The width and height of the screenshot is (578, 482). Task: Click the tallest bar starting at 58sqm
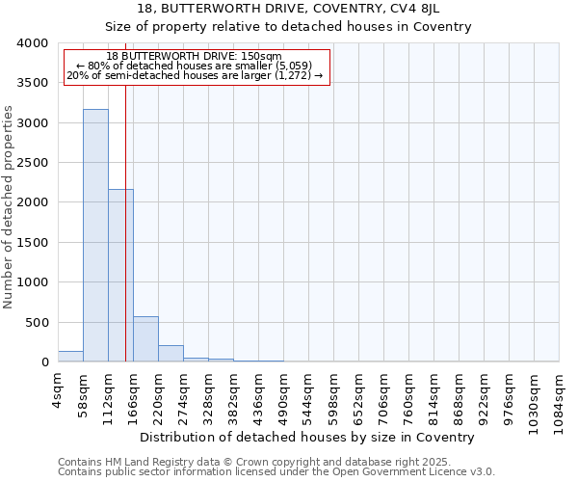coord(95,235)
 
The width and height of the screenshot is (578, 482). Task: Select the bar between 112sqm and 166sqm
coord(120,276)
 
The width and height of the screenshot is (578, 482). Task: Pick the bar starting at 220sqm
coord(171,354)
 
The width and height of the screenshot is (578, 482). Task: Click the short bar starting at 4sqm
coord(70,357)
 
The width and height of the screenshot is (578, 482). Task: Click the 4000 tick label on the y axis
coord(33,43)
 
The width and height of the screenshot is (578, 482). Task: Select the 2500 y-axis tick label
coord(33,163)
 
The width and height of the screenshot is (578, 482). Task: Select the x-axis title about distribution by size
coord(314,437)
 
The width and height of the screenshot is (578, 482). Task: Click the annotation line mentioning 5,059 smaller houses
coord(197,66)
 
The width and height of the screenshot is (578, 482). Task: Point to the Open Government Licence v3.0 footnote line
coord(276,472)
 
